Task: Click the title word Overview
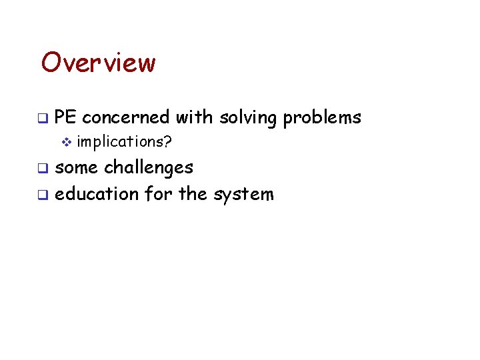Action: click(98, 63)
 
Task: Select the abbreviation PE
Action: click(66, 118)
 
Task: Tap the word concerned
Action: click(126, 118)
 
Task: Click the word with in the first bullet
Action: click(195, 118)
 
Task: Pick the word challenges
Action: click(149, 167)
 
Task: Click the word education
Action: click(95, 194)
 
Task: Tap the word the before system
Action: click(193, 194)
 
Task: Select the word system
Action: click(243, 195)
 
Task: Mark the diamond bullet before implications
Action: click(65, 142)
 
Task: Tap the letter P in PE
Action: click(61, 118)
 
